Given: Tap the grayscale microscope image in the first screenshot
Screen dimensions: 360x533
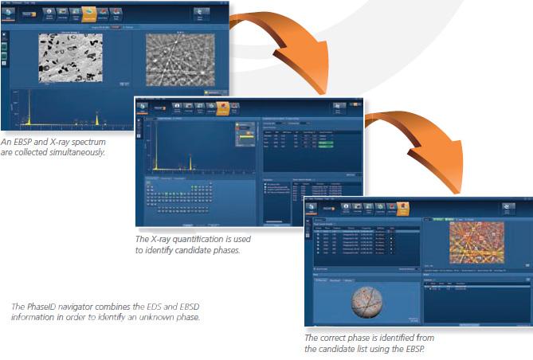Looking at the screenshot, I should pos(71,58).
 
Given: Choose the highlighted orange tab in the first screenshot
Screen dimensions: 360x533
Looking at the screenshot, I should pos(89,13).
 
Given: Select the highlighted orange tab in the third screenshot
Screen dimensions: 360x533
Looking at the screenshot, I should pos(404,209).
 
